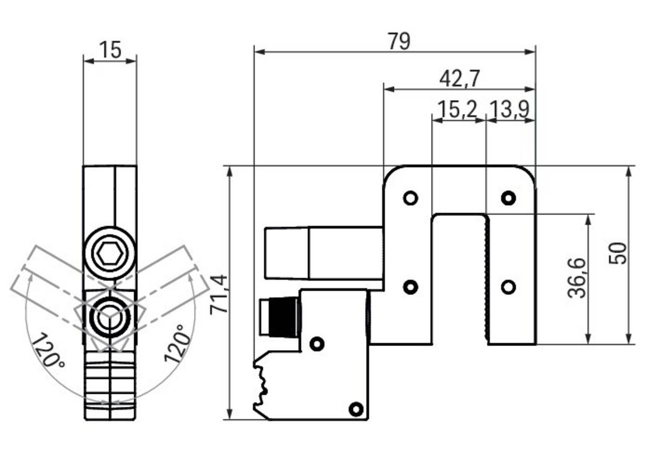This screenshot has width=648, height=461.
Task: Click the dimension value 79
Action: (399, 41)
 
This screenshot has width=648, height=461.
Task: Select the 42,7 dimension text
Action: (459, 79)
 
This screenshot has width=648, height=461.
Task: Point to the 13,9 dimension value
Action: (510, 109)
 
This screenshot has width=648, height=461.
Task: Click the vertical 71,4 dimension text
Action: (219, 294)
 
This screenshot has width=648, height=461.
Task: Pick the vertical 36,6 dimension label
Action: (577, 278)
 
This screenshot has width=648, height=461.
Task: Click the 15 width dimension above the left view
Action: (110, 50)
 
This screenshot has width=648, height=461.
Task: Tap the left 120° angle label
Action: (48, 350)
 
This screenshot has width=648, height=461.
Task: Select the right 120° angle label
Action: (177, 344)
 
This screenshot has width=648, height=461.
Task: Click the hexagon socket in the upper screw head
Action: (110, 254)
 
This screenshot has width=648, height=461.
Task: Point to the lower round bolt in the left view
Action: (110, 317)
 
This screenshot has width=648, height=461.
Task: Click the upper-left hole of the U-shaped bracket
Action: (410, 198)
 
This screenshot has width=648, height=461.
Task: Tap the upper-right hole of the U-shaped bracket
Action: (508, 198)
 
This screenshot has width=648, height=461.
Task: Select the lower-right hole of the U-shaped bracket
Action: (508, 287)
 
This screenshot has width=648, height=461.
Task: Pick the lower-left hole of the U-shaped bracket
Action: (410, 287)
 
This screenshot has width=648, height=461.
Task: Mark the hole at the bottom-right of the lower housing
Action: (356, 409)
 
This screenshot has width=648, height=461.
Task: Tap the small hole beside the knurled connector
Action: (317, 343)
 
